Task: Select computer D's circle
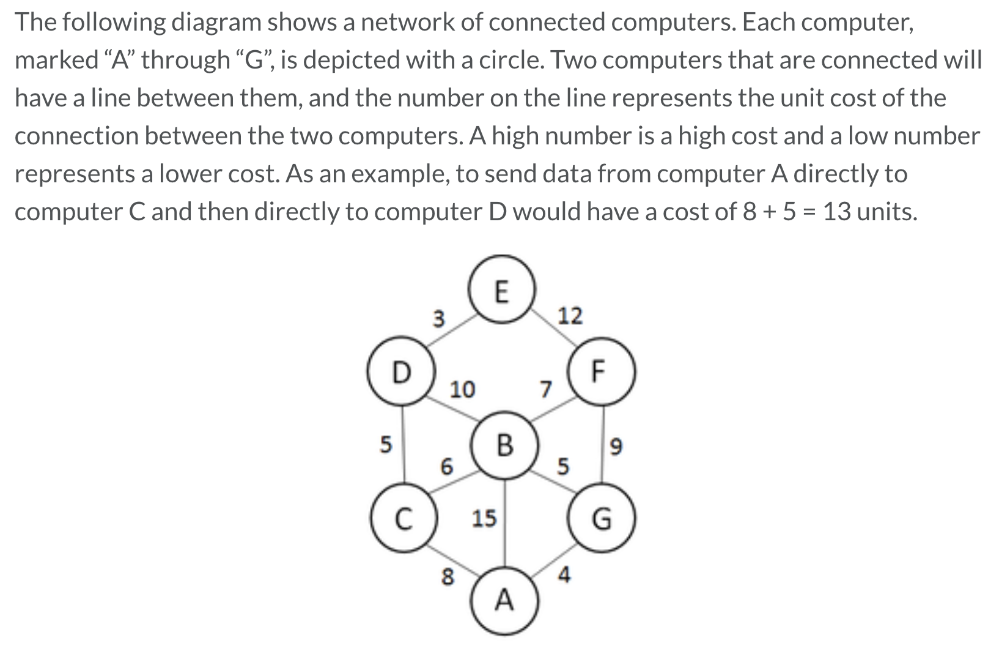click(x=400, y=372)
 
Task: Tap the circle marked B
click(x=504, y=445)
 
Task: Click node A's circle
click(x=504, y=601)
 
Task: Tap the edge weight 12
click(x=570, y=316)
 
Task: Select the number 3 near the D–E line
click(x=438, y=319)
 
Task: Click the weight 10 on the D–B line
click(x=462, y=389)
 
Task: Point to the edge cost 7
click(x=545, y=389)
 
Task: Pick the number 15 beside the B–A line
click(x=484, y=519)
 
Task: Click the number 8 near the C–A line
click(x=448, y=576)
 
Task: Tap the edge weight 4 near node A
click(x=564, y=575)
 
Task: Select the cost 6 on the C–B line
click(x=448, y=467)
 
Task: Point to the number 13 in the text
click(x=842, y=212)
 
